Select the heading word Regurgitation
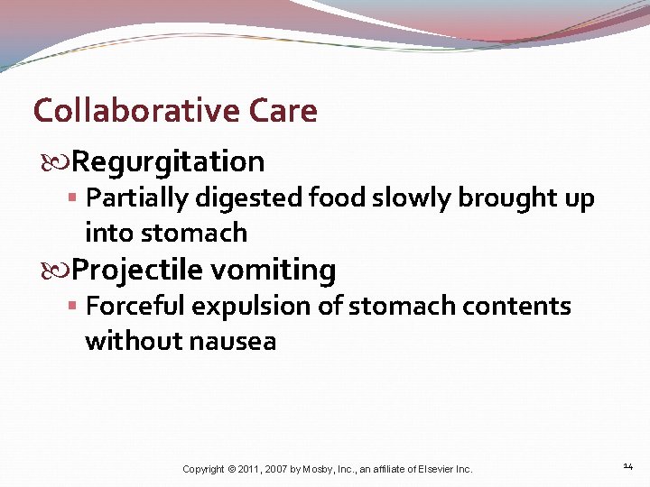pos(168,162)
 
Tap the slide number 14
pos(629,466)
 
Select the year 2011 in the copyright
pos(251,469)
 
